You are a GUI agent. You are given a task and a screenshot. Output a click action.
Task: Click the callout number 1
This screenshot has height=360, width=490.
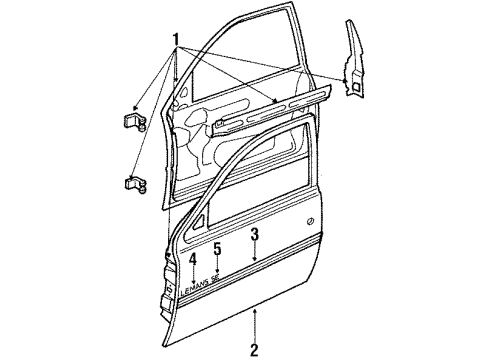(178, 42)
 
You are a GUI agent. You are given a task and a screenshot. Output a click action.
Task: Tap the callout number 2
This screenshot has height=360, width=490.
(255, 349)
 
